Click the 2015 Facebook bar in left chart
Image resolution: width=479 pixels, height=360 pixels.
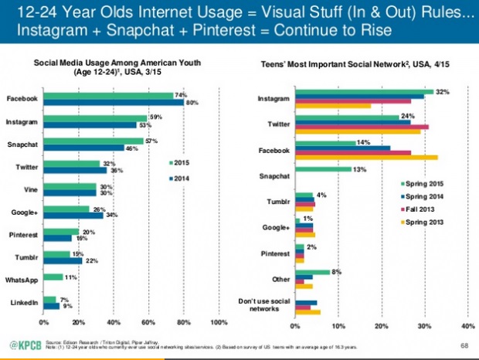tap(108, 96)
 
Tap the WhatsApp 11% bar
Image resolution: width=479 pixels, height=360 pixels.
tap(53, 277)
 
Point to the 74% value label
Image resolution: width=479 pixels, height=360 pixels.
tap(180, 94)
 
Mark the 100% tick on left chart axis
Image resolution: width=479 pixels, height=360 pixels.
tap(219, 322)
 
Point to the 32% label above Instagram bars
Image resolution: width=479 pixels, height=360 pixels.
tap(441, 91)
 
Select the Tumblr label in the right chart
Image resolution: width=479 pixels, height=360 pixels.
tap(277, 202)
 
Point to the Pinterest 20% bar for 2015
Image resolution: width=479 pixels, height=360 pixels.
tap(61, 231)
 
